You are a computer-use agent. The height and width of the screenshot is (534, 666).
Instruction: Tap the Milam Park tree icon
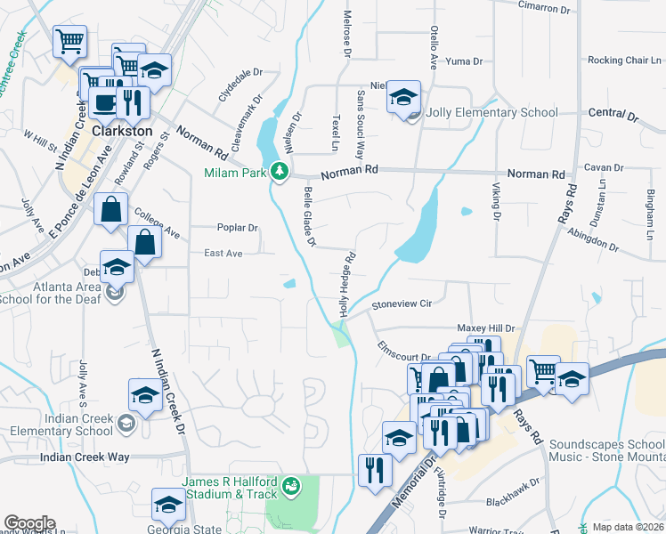click(280, 170)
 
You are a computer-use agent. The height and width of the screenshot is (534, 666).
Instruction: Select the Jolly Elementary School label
click(491, 113)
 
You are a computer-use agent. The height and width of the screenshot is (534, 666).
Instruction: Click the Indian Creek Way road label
click(85, 457)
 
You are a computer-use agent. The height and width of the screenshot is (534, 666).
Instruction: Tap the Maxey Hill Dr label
click(486, 328)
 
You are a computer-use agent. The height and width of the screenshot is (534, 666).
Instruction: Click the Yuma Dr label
click(464, 61)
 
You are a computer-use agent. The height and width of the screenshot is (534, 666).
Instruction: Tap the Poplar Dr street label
click(236, 228)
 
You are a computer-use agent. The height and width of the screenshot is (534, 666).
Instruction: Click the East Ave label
click(223, 254)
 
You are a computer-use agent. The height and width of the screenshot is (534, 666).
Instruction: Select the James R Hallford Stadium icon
click(290, 487)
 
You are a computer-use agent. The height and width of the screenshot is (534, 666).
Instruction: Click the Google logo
click(29, 523)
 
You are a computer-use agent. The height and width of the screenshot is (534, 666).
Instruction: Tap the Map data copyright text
click(628, 526)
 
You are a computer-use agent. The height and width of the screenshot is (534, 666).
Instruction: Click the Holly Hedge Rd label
click(345, 282)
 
